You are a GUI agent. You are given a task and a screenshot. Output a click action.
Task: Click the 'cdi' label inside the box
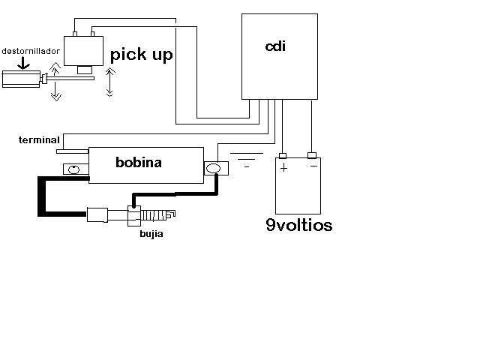(275, 46)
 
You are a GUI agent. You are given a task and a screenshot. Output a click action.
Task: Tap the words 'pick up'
(142, 55)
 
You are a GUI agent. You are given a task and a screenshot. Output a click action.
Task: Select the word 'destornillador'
(31, 51)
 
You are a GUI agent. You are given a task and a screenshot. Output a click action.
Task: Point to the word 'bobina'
(139, 162)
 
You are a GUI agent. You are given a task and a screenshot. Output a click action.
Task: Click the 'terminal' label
(39, 140)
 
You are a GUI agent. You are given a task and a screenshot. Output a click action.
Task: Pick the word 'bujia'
(151, 234)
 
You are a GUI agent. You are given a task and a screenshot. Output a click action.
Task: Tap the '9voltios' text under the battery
(299, 225)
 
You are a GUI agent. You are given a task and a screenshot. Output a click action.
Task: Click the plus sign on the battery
(284, 168)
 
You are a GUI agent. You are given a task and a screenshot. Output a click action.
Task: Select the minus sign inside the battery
(313, 166)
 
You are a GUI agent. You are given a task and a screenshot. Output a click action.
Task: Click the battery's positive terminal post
(283, 155)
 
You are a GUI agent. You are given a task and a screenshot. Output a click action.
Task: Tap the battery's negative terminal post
(312, 155)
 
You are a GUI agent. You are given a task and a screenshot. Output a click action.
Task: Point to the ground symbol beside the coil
(247, 160)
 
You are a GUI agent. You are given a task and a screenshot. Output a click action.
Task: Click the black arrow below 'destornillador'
(23, 63)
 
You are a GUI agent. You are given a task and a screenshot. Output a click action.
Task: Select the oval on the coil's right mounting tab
(213, 168)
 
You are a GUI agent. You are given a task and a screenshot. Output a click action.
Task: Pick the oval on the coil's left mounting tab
(73, 169)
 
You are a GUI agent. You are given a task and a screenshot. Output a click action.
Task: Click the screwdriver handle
(21, 79)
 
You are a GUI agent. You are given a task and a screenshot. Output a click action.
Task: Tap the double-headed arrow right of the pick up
(110, 82)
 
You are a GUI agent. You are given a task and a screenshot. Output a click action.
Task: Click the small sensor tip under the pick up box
(85, 70)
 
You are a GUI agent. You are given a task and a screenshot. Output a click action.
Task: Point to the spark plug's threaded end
(158, 215)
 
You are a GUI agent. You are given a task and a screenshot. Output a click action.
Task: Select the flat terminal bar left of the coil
(73, 151)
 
